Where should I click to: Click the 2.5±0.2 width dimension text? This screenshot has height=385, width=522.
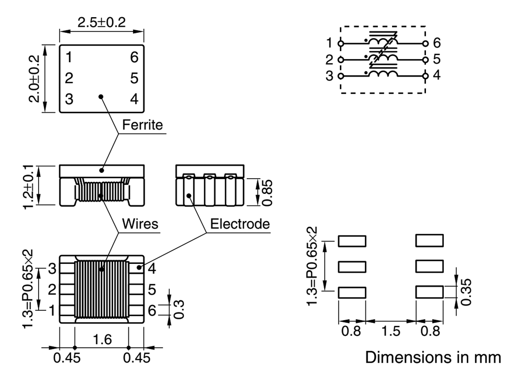pyautogui.click(x=102, y=22)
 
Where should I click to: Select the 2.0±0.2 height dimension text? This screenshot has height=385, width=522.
pyautogui.click(x=34, y=78)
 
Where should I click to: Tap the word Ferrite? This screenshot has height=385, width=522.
pyautogui.click(x=143, y=125)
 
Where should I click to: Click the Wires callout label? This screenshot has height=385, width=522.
pyautogui.click(x=140, y=224)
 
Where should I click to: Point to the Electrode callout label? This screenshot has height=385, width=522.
pyautogui.click(x=240, y=224)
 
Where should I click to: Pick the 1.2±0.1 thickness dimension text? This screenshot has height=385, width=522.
pyautogui.click(x=28, y=186)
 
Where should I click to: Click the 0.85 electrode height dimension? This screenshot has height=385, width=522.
pyautogui.click(x=267, y=193)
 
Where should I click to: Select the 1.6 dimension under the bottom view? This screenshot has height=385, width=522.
pyautogui.click(x=102, y=340)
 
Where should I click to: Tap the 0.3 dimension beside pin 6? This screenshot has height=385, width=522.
pyautogui.click(x=179, y=309)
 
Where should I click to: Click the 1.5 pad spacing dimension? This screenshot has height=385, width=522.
pyautogui.click(x=390, y=331)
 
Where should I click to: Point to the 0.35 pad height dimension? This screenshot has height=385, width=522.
pyautogui.click(x=466, y=292)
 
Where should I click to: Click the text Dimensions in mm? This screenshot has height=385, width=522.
pyautogui.click(x=433, y=357)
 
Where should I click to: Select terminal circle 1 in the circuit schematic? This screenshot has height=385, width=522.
pyautogui.click(x=340, y=43)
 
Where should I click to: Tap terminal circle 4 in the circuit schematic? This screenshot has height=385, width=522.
pyautogui.click(x=425, y=76)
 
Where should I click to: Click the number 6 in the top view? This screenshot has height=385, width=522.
pyautogui.click(x=134, y=57)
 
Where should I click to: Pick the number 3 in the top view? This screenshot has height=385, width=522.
pyautogui.click(x=69, y=99)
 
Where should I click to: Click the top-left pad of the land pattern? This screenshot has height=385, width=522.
pyautogui.click(x=352, y=241)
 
